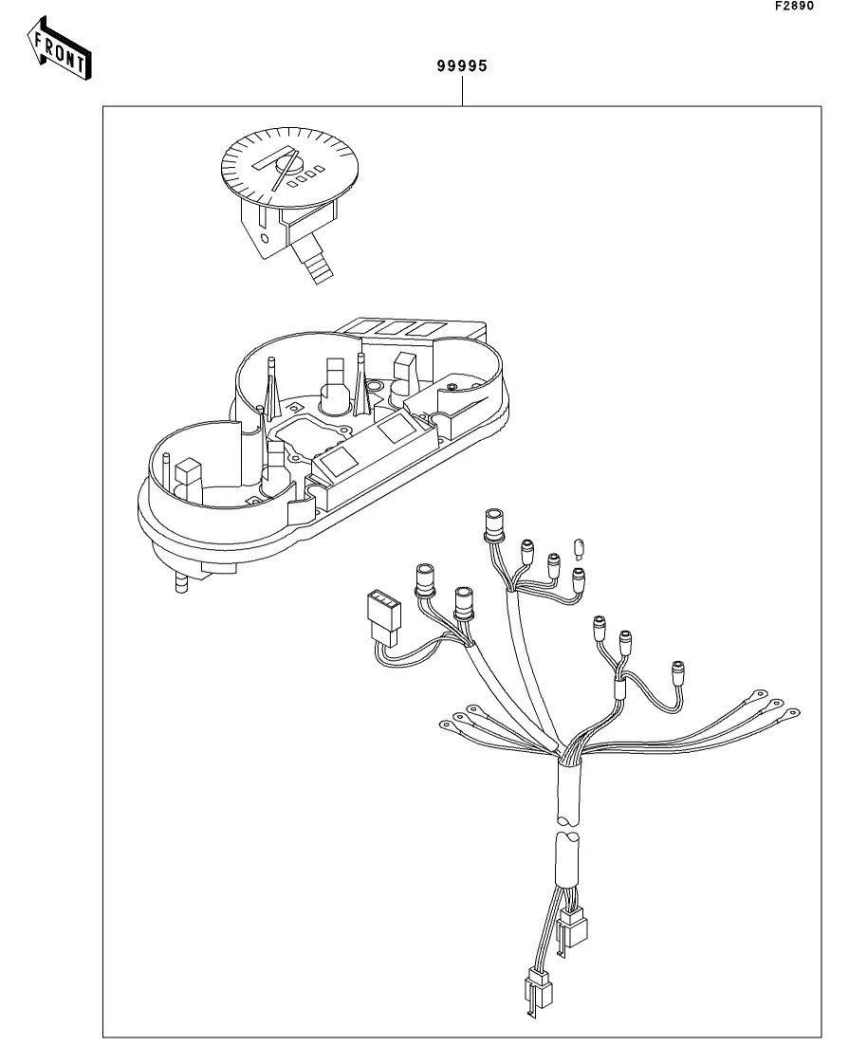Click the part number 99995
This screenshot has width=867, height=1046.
point(462,66)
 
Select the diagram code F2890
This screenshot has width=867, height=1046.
point(795,6)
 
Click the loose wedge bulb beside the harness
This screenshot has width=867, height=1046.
point(579,546)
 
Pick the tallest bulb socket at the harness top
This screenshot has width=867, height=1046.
point(494,524)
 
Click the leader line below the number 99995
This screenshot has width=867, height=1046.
point(462,91)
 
